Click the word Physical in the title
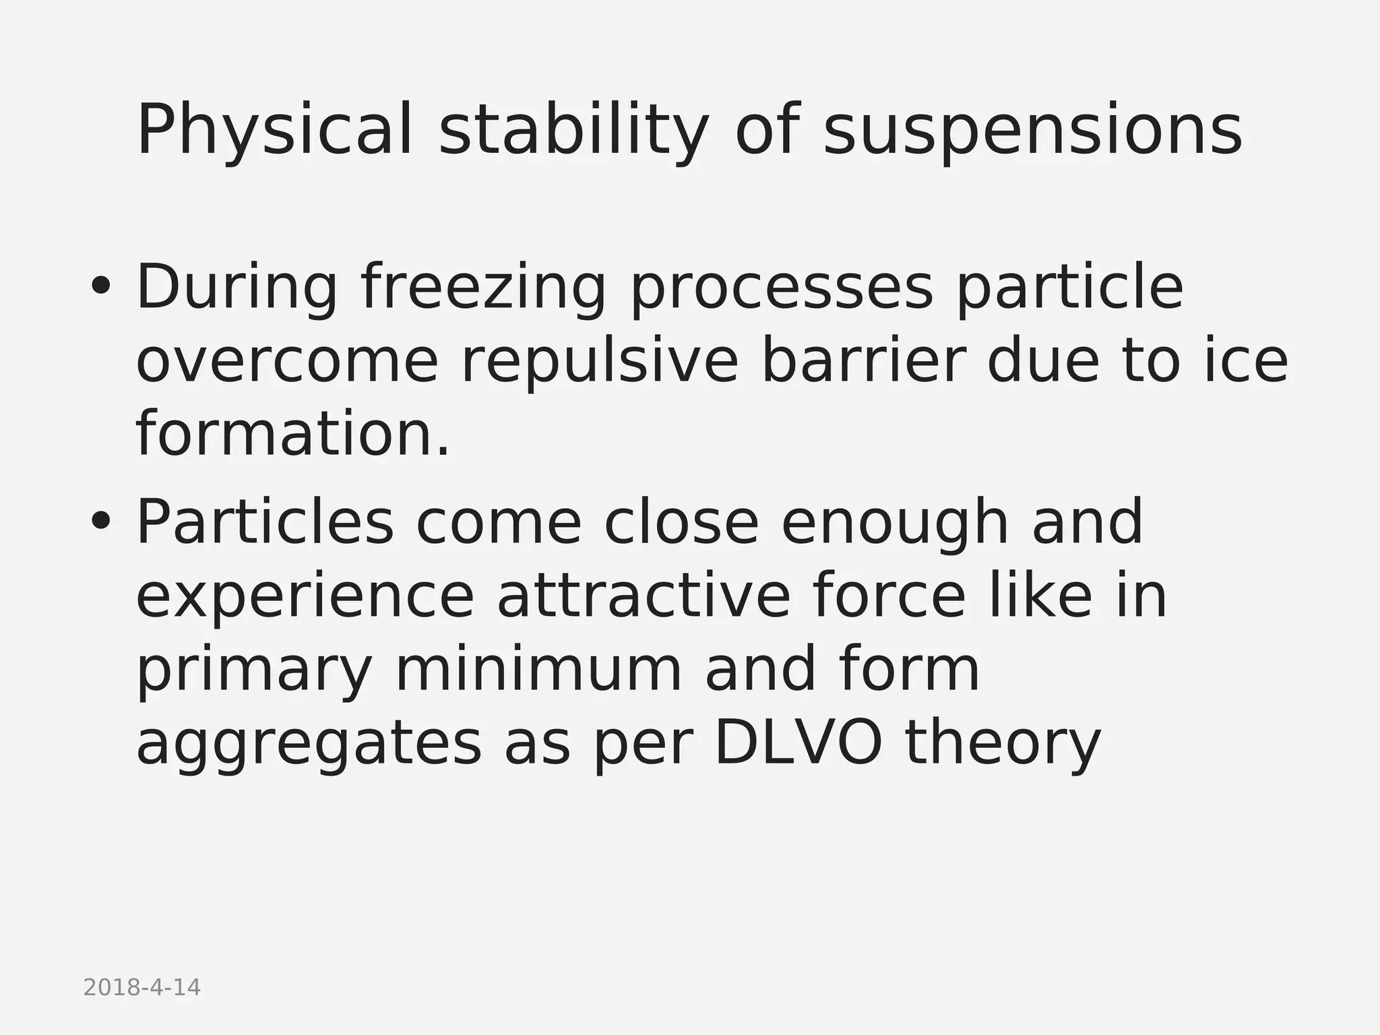click(274, 131)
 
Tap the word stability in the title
click(573, 131)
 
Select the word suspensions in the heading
click(1032, 131)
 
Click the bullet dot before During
click(100, 288)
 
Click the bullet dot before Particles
click(100, 522)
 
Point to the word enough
click(895, 523)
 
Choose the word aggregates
click(309, 744)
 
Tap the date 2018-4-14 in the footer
click(142, 988)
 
